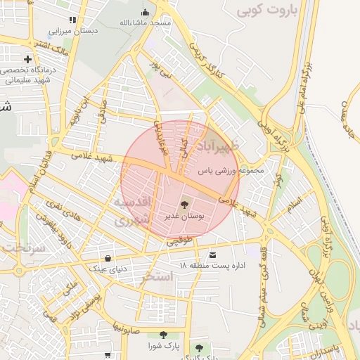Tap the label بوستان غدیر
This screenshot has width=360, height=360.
coord(184,218)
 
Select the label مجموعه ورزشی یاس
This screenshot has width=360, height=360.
coord(231,170)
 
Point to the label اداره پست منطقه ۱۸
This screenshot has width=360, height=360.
coord(207,266)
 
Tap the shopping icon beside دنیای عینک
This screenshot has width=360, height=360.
coord(107,257)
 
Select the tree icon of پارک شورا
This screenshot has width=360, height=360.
coord(163,335)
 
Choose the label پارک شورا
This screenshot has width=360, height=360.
coord(163,347)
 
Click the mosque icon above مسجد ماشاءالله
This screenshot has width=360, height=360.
coord(146,11)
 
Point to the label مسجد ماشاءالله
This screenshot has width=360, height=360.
coord(145,23)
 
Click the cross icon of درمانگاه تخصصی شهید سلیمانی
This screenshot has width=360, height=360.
coord(27,60)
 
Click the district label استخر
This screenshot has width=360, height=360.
coord(156,277)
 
